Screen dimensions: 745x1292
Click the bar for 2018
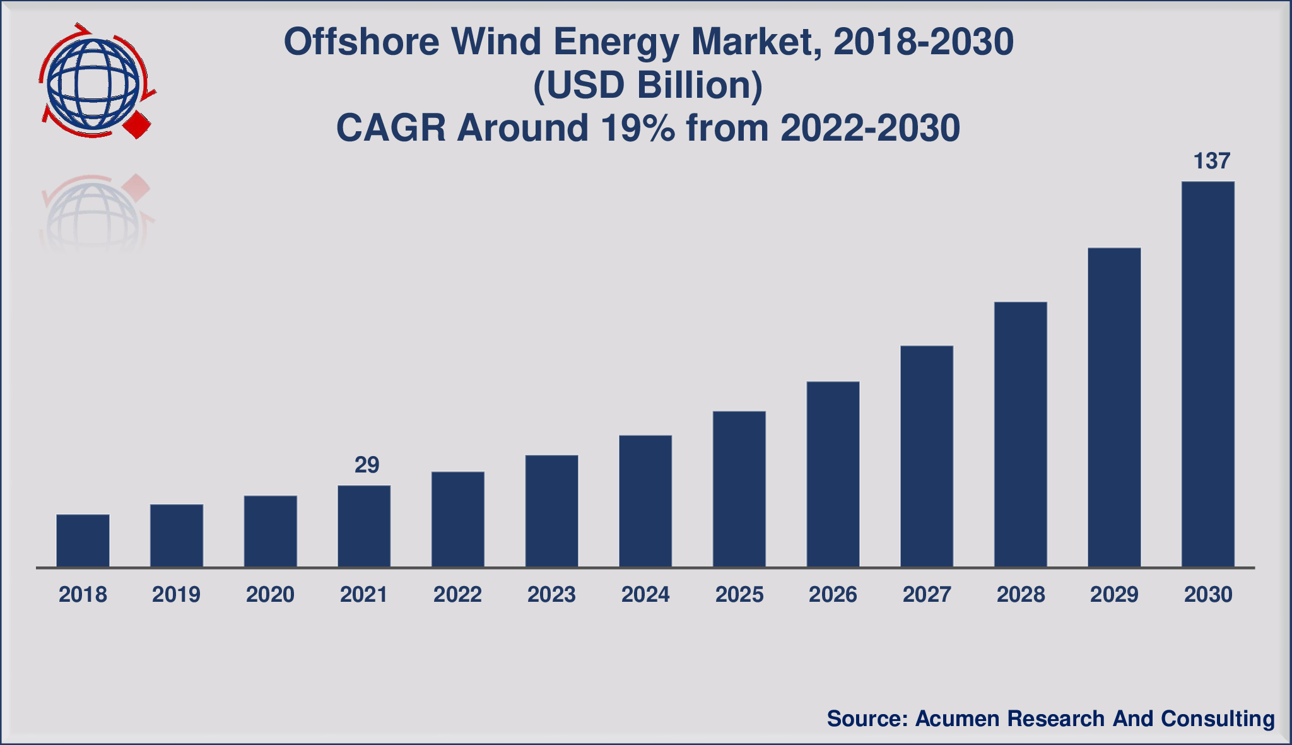click(x=83, y=541)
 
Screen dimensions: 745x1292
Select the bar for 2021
click(x=364, y=526)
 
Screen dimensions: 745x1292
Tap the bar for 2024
click(x=645, y=501)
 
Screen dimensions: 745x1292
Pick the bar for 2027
click(x=927, y=456)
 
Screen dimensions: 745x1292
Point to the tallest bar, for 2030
click(x=1208, y=374)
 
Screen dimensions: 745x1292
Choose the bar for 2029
click(x=1114, y=408)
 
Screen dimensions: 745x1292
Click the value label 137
click(x=1211, y=161)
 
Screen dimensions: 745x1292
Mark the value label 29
click(x=367, y=466)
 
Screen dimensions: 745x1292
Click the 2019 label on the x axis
click(x=176, y=595)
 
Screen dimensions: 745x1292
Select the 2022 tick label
click(x=457, y=595)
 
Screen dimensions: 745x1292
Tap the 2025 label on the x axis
click(x=739, y=595)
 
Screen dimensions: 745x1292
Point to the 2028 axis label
click(x=1021, y=595)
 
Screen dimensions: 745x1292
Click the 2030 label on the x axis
click(x=1208, y=595)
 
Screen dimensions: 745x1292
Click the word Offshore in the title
click(x=361, y=42)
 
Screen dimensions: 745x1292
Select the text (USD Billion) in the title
click(x=648, y=86)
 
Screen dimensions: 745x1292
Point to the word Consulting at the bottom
click(x=1217, y=719)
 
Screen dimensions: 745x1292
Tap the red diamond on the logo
click(x=138, y=126)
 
